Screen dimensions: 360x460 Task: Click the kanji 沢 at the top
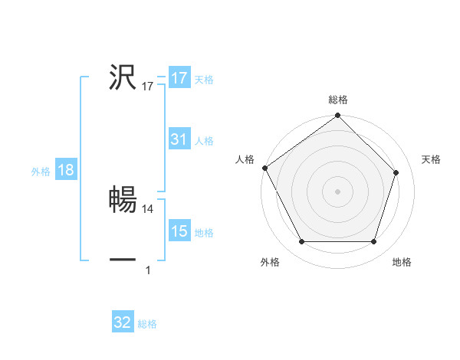[123, 77]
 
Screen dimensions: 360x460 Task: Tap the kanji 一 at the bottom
[123, 260]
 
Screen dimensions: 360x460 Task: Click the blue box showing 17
[179, 78]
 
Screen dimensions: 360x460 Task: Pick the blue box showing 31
[179, 139]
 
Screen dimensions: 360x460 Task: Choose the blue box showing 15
[179, 231]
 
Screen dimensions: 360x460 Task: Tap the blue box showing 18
[66, 170]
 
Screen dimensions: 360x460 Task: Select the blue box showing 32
[123, 322]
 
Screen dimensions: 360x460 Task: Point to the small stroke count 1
[148, 270]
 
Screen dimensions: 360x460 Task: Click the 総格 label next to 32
[147, 324]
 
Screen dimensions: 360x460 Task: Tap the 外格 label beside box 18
[41, 172]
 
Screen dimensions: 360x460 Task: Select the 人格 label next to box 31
[204, 141]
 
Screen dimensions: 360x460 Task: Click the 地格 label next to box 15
[204, 233]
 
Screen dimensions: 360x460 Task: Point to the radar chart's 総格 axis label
[338, 100]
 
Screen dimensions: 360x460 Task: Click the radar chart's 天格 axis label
[432, 159]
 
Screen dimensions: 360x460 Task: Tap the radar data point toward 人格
[264, 168]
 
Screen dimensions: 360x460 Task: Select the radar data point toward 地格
[373, 242]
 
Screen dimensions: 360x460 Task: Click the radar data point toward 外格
[302, 242]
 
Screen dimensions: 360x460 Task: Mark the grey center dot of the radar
[338, 191]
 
